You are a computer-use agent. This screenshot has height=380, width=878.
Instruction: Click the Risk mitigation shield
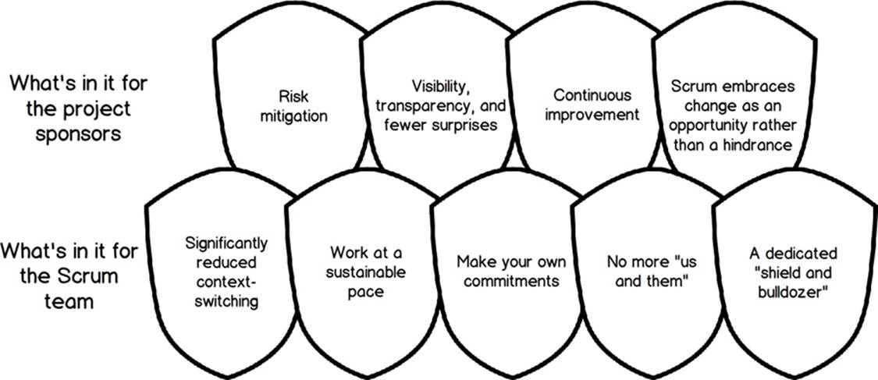[x=294, y=106]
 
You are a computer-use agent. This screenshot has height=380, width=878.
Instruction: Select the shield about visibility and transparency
[x=438, y=106]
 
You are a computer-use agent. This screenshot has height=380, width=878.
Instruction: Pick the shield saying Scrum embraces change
[x=730, y=106]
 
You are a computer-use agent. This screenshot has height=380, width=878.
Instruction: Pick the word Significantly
[x=227, y=244]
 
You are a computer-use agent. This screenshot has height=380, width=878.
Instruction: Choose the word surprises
[x=467, y=125]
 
